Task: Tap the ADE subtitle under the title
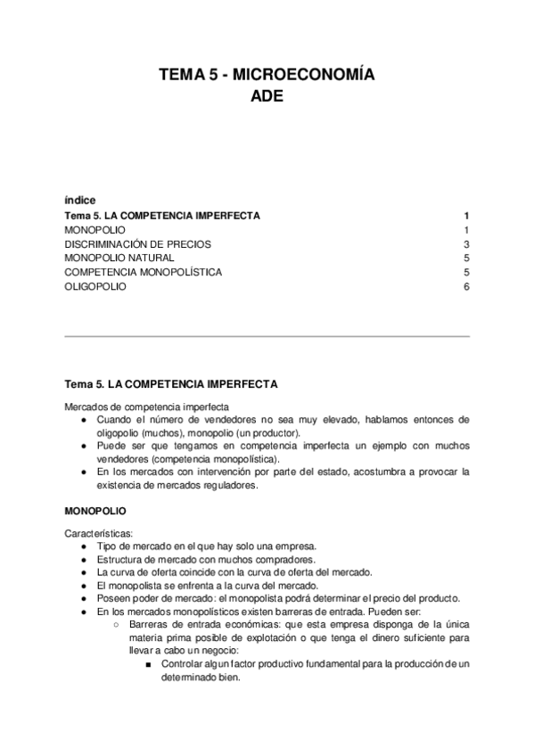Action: coord(267,96)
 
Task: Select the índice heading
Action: coord(80,200)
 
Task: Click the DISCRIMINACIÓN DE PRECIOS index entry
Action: coord(137,244)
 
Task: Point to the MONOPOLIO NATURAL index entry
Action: coord(113,259)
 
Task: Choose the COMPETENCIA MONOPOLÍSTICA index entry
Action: coord(144,273)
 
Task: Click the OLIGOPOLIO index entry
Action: coord(95,287)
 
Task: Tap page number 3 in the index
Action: coord(466,244)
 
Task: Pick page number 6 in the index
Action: coord(466,287)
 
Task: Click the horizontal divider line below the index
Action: coord(267,337)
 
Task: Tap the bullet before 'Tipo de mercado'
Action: coord(85,546)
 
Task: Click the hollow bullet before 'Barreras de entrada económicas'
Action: coord(118,624)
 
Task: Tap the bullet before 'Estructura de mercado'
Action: coord(85,559)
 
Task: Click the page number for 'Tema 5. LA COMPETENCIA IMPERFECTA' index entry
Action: coord(466,216)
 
